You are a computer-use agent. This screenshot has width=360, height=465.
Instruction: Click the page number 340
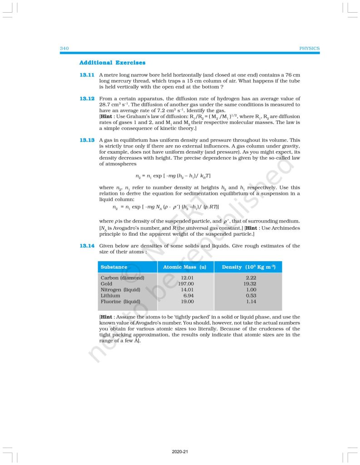tap(64, 49)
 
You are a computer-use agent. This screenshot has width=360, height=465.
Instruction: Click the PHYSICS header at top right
tap(310, 49)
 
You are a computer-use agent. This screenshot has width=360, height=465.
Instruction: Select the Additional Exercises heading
tap(112, 62)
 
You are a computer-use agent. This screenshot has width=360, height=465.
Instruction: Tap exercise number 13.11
tap(87, 74)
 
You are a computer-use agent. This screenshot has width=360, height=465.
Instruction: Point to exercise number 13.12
tap(87, 99)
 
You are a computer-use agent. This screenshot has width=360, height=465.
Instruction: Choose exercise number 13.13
tap(87, 140)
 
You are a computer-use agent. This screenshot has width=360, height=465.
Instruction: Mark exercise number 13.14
tap(87, 246)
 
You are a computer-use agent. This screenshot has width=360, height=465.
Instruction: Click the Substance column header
tap(114, 267)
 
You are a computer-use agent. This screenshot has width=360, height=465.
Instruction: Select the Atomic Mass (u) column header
tap(184, 267)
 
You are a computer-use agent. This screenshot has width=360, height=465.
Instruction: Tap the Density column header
tap(249, 267)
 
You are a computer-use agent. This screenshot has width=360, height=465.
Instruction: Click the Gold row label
tap(107, 283)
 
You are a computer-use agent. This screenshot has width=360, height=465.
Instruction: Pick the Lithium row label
tap(110, 295)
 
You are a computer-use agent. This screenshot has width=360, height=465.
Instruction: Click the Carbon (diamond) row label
tap(122, 277)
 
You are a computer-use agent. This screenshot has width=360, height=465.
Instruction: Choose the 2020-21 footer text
tap(180, 452)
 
